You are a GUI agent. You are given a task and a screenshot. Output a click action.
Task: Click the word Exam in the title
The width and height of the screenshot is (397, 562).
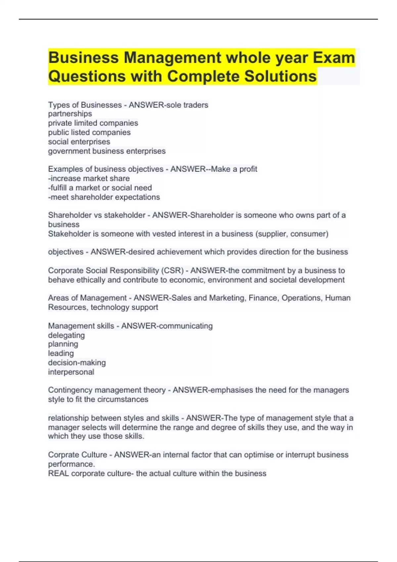pos(334,58)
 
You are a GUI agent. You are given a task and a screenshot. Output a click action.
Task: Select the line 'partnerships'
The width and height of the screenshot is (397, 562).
pos(70,114)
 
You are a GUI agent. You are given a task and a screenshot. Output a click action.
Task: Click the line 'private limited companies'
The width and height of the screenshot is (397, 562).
pos(93,123)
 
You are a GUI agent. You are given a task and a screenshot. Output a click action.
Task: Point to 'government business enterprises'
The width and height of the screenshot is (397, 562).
pos(107,151)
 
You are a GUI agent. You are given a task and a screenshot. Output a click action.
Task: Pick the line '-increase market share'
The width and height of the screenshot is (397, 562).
pos(89,179)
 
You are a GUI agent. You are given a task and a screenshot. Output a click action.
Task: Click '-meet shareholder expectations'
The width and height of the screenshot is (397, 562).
pos(104,197)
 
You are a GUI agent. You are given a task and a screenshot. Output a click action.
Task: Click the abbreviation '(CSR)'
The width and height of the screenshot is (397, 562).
pos(172,271)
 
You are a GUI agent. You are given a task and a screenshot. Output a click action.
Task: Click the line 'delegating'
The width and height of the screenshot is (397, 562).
pos(66,335)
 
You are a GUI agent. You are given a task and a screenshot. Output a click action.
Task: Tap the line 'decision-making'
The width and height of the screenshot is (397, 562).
pos(77,363)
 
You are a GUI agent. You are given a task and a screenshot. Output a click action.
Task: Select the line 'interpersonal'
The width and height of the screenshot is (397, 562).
pos(71,372)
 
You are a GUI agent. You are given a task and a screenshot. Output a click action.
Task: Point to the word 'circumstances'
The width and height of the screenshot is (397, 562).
pos(123,399)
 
